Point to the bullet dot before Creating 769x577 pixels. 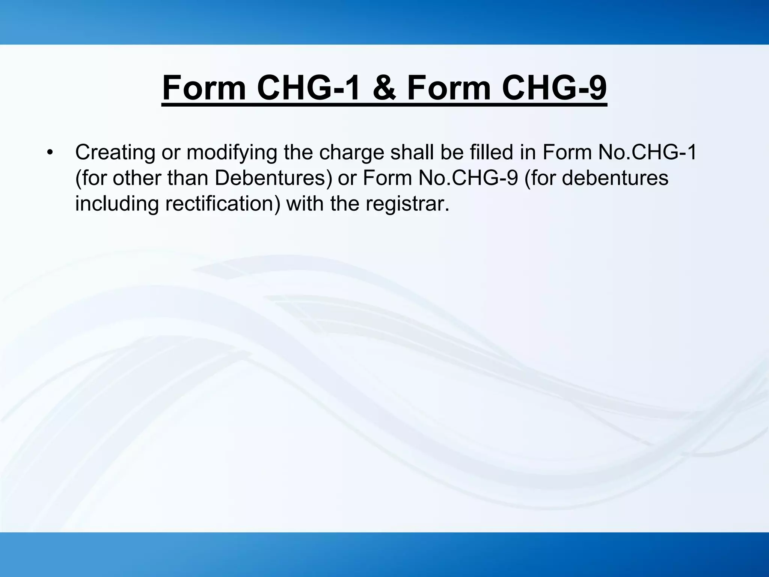(50, 153)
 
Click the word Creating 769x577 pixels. (115, 153)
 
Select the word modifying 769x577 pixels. (232, 153)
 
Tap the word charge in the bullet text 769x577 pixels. (350, 153)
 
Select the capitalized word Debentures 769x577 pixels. (273, 178)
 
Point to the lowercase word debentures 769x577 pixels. (615, 178)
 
